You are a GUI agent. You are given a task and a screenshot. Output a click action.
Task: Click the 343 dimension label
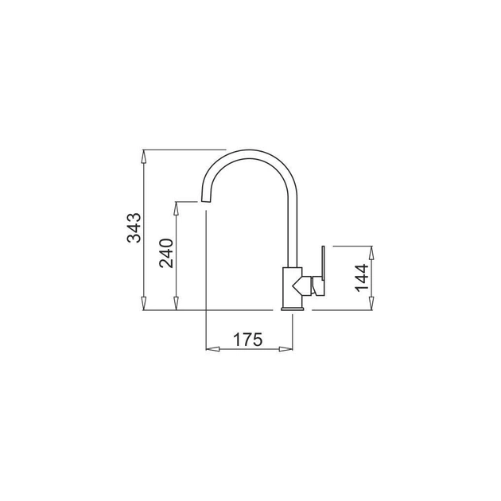coord(134,227)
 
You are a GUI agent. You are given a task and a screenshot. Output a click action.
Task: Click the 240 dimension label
coord(166,254)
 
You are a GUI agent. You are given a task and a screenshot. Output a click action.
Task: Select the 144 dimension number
coord(362,278)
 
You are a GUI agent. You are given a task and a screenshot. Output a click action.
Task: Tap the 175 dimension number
coord(247,340)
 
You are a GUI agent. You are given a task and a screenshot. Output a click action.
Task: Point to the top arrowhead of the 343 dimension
coord(144,157)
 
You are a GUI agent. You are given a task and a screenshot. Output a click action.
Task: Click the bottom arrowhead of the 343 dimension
coord(144,303)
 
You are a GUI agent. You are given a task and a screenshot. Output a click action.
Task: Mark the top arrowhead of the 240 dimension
coord(176,208)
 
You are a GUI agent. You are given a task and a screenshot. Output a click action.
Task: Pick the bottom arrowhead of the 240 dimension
coord(176,303)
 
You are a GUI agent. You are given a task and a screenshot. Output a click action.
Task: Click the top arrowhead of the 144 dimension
coord(371,253)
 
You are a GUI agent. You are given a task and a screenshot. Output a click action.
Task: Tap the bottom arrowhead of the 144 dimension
coord(371,303)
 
